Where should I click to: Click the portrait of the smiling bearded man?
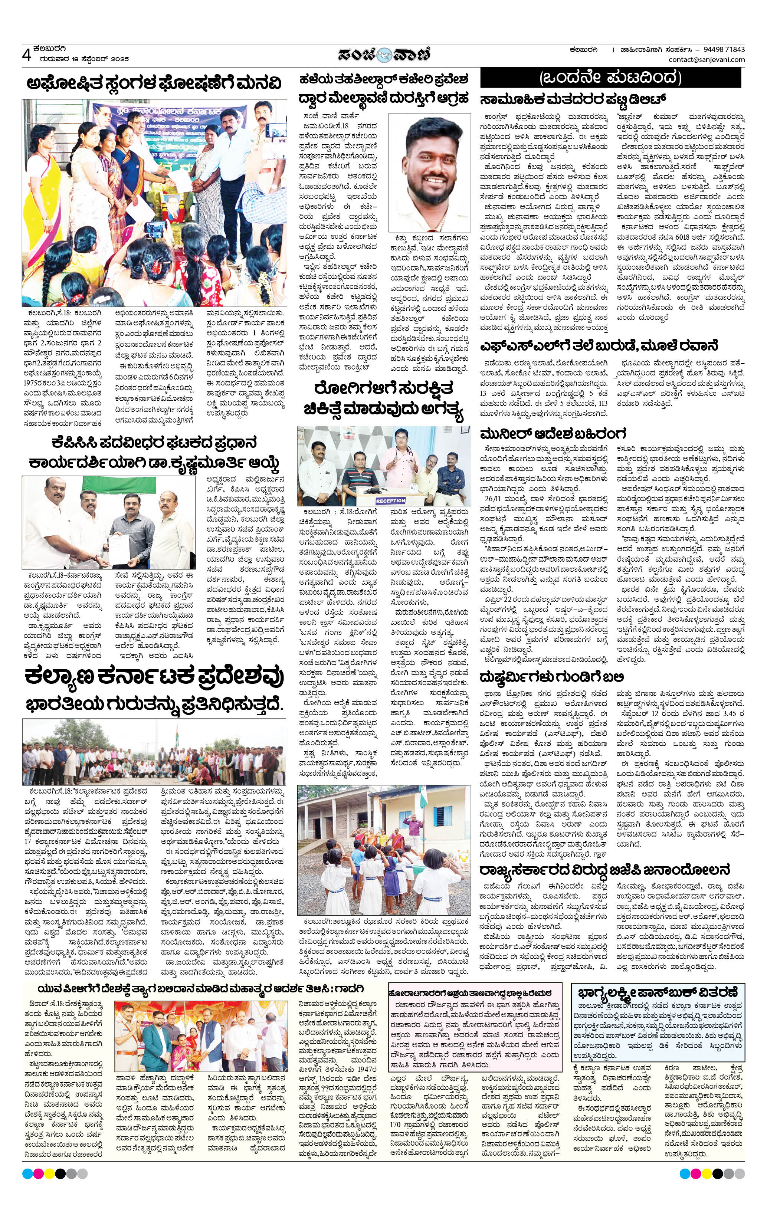click(x=430, y=172)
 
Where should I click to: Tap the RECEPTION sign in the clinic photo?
click(x=390, y=500)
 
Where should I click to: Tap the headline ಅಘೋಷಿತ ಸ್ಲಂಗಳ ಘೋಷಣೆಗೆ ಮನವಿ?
click(x=154, y=83)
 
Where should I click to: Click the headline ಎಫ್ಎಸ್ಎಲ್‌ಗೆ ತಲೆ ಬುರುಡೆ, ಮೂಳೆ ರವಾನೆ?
click(x=599, y=346)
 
